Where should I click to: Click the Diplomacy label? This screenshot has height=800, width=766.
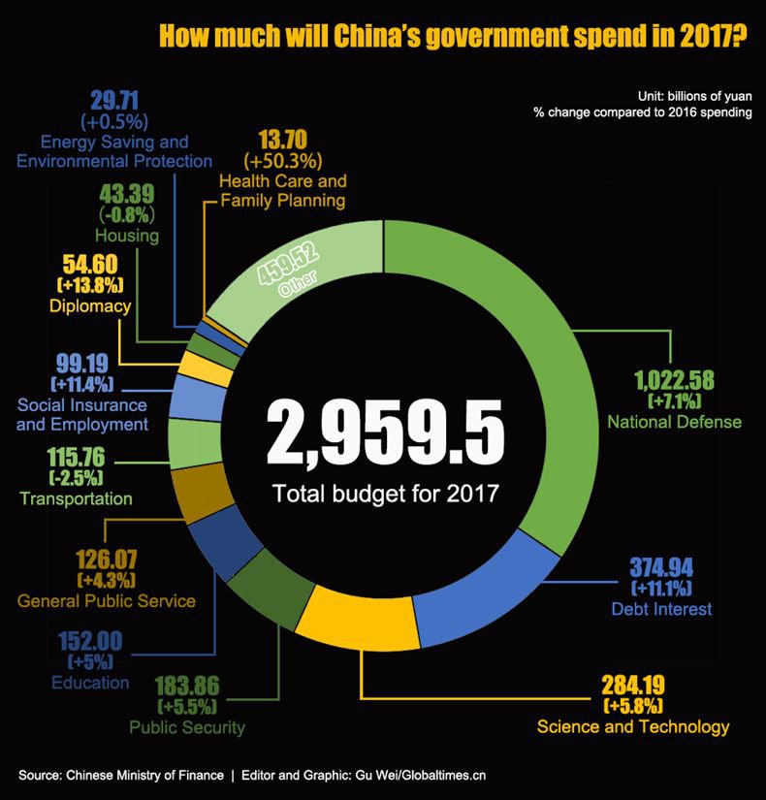(89, 306)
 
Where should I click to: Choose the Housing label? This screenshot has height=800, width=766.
(127, 236)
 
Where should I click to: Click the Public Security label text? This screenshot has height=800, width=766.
(187, 727)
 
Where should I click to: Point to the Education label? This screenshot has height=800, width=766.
(89, 683)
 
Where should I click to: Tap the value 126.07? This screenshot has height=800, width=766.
(106, 560)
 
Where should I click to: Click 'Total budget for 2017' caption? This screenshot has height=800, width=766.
(385, 494)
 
